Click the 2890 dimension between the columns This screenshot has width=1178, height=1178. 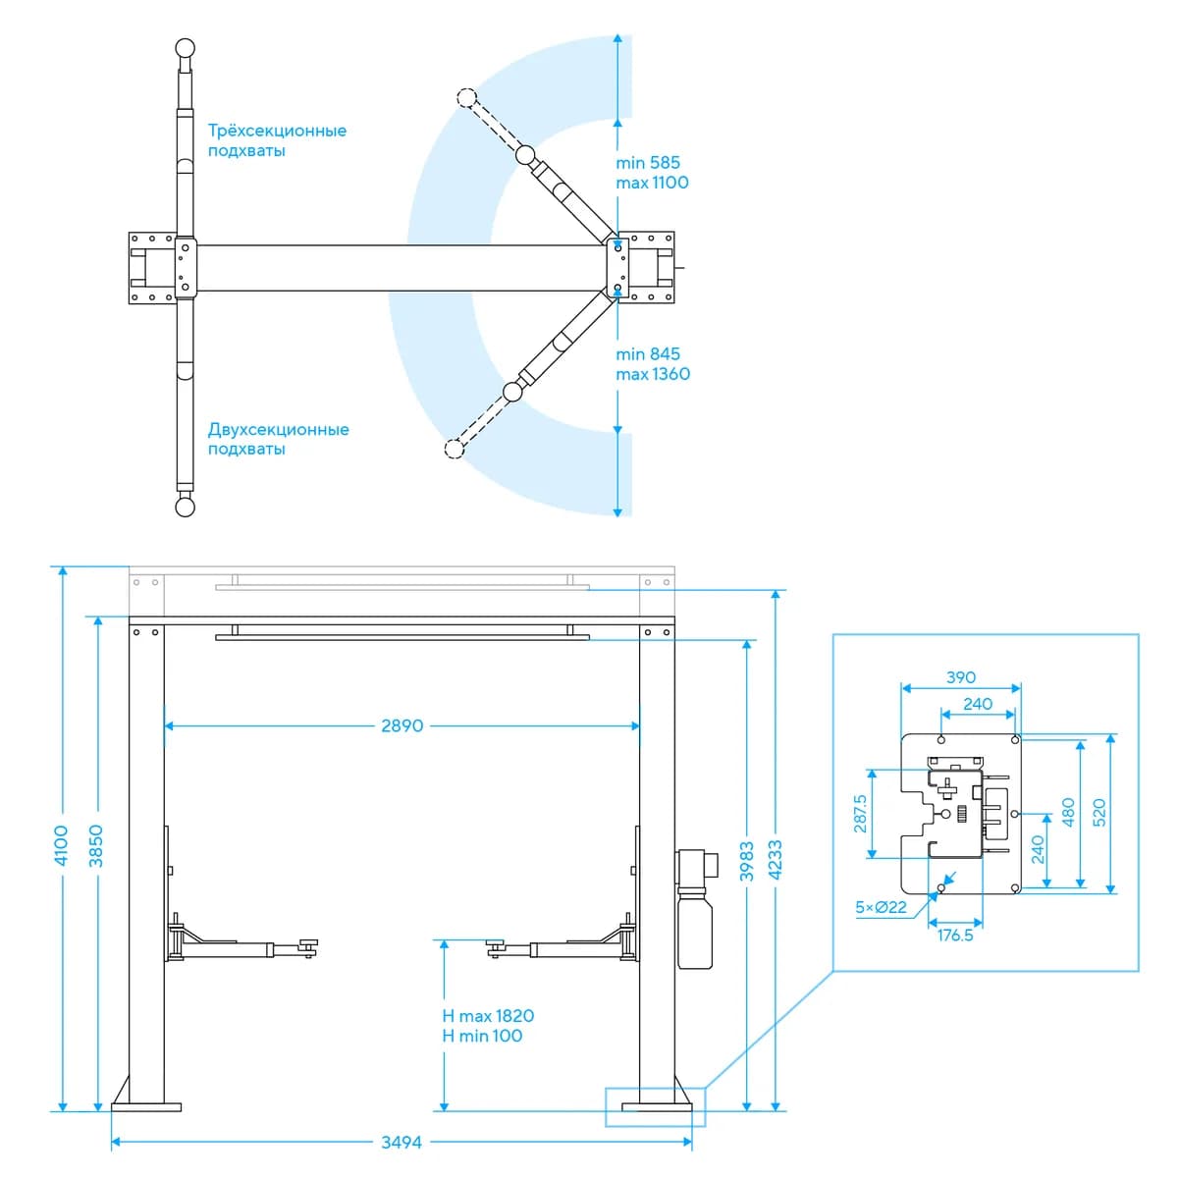coord(402,725)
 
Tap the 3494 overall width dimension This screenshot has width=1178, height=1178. coord(402,1142)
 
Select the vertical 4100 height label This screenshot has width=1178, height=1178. coord(62,845)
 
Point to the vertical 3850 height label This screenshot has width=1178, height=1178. coord(96,845)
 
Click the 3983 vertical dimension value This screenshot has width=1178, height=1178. coord(746,861)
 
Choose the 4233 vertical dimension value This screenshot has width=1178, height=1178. coord(776,860)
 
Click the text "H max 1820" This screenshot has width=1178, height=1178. coord(488,1016)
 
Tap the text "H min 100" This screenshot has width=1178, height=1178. coord(482,1036)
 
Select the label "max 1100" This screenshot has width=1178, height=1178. coord(652,183)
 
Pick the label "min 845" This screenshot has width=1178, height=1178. coord(648,354)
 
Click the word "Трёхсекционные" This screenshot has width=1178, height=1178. coord(277,131)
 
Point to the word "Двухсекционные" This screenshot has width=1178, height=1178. coord(278,429)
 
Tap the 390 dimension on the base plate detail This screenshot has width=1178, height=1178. coord(961,677)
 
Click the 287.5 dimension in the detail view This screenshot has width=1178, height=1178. coord(860,814)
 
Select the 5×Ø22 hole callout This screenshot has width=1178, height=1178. coord(881,907)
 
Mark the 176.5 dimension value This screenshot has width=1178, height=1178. coord(955,936)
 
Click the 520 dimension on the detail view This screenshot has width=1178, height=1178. coord(1099,813)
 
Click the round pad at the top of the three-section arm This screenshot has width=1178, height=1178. coord(186,48)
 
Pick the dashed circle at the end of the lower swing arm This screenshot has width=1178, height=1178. coord(455,449)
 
